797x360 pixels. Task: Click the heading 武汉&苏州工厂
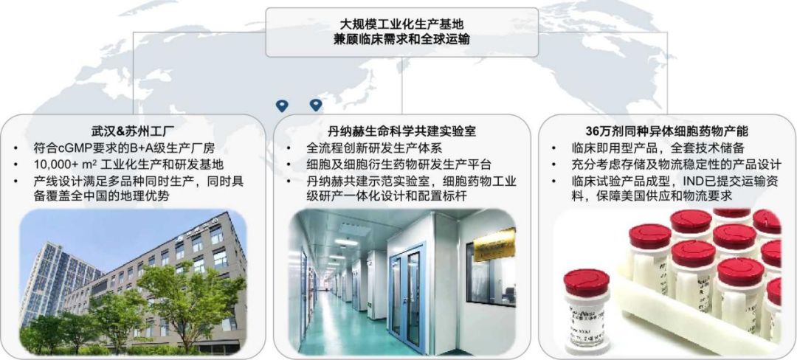(x=133, y=130)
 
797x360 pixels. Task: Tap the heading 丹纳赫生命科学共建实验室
(x=401, y=130)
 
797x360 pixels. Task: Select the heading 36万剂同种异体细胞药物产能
(x=666, y=130)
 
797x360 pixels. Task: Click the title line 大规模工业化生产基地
(x=401, y=24)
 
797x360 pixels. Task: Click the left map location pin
(x=282, y=105)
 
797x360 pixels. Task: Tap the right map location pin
(x=316, y=105)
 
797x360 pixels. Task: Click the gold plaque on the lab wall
(x=494, y=246)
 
